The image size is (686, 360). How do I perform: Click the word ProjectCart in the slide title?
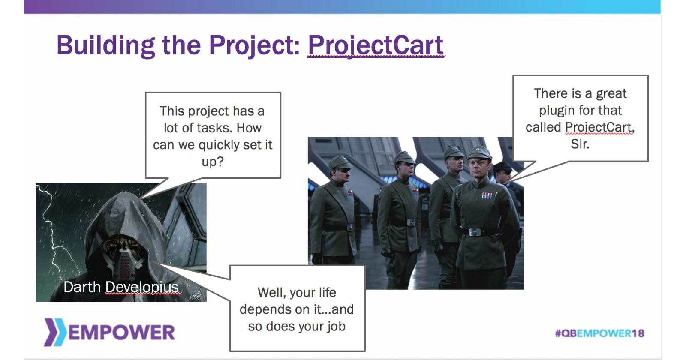click(376, 45)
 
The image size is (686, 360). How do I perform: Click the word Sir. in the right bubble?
click(580, 144)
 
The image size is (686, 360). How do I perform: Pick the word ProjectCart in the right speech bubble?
click(599, 127)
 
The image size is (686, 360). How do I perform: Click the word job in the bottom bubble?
click(335, 326)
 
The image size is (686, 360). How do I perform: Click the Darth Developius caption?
click(121, 287)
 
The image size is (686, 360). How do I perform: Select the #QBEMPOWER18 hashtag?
click(599, 333)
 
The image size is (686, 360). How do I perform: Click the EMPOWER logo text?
click(121, 333)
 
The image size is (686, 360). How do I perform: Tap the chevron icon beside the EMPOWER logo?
click(55, 332)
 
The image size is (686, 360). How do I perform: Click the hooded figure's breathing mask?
click(124, 260)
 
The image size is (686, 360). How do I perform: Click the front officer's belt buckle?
click(475, 232)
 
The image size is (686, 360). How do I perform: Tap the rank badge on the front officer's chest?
click(487, 195)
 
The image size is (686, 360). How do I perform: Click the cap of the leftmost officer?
click(340, 162)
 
